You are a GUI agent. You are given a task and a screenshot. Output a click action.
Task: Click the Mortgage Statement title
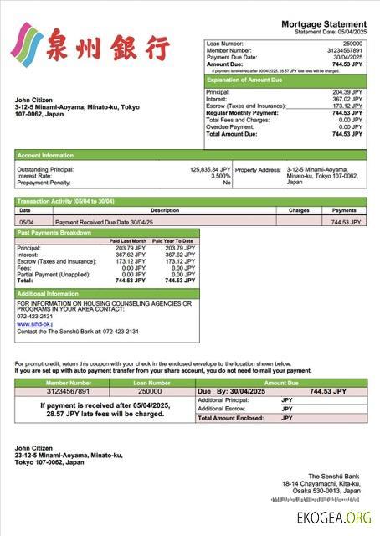(x=323, y=24)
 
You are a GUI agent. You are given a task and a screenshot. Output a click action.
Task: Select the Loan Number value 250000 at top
(x=352, y=42)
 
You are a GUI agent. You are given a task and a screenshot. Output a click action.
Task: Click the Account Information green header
(x=45, y=155)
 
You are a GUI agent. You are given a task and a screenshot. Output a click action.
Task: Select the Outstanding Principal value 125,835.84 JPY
(x=210, y=169)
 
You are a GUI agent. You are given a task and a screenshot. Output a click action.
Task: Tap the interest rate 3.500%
(x=220, y=176)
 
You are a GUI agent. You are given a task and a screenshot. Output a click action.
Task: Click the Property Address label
(x=257, y=169)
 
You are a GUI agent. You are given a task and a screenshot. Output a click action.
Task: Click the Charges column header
(x=299, y=210)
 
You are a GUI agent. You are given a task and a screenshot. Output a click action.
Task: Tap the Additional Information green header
(x=48, y=294)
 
